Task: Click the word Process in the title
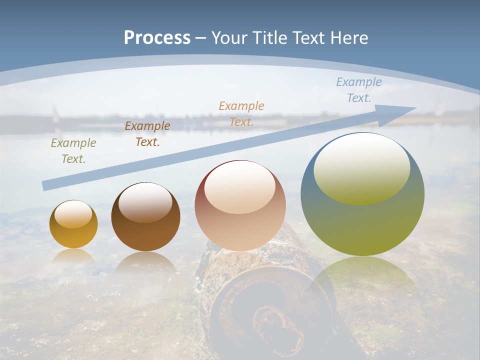pyautogui.click(x=157, y=37)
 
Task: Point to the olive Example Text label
pyautogui.click(x=73, y=151)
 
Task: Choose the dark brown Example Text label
pyautogui.click(x=147, y=134)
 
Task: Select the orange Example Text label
pyautogui.click(x=241, y=113)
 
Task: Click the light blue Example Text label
pyautogui.click(x=359, y=90)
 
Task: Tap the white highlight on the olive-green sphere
pyautogui.click(x=361, y=167)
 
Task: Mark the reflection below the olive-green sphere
pyautogui.click(x=362, y=280)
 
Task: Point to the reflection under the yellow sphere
pyautogui.click(x=73, y=256)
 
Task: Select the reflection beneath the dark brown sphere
pyautogui.click(x=145, y=262)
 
